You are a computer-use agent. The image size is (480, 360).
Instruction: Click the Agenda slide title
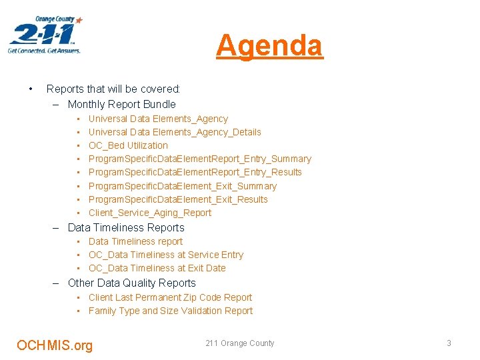(269, 45)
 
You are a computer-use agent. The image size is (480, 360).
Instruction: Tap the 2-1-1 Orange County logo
(45, 35)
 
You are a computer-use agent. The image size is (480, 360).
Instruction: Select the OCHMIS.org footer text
(55, 345)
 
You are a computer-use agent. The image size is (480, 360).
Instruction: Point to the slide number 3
(449, 343)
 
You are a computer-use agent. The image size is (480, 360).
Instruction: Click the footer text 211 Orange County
(239, 343)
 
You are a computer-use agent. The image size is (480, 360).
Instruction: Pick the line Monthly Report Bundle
(121, 104)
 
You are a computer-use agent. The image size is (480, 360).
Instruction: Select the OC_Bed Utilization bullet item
(128, 145)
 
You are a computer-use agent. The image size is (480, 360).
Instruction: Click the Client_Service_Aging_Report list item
(149, 213)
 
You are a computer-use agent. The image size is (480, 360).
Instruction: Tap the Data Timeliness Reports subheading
(126, 227)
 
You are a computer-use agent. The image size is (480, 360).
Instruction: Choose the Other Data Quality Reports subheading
(131, 283)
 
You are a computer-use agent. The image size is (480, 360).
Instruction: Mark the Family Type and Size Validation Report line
(171, 311)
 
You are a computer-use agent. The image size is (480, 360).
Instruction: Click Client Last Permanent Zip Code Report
(170, 297)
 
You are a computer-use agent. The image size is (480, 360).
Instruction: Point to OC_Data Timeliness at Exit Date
(157, 268)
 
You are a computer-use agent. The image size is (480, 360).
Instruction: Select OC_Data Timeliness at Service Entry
(166, 255)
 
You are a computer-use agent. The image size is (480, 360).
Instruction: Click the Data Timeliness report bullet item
(135, 241)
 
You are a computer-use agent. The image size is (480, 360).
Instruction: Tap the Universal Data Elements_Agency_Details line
(175, 132)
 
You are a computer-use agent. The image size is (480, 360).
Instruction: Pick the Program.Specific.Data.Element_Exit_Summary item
(182, 186)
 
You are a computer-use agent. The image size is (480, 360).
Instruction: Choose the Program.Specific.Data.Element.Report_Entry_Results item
(195, 172)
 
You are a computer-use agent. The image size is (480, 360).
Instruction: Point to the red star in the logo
(79, 21)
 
